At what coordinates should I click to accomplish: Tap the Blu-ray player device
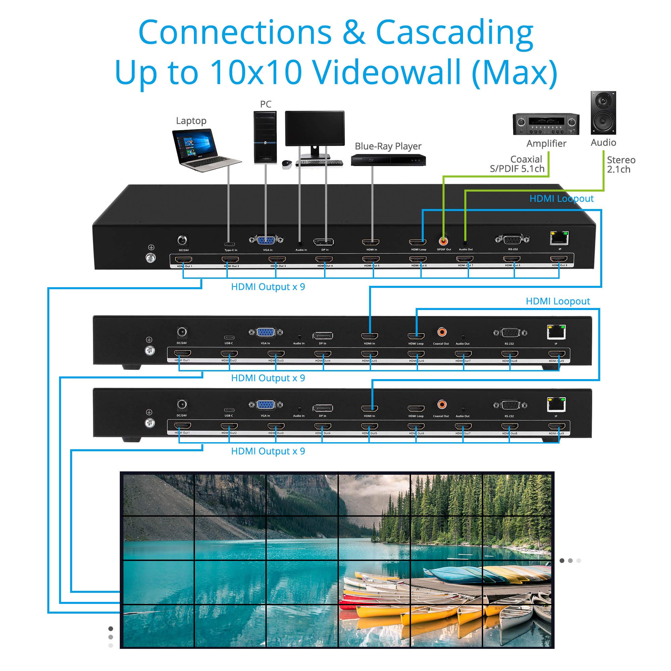pos(388,160)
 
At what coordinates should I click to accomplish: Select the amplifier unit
pos(546,124)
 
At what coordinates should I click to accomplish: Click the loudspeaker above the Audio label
pos(603,113)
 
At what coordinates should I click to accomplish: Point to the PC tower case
pos(265,137)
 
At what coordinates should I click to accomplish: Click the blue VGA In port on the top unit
pos(266,240)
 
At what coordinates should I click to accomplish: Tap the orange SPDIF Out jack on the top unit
pos(444,240)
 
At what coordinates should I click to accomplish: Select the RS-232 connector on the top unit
pos(512,239)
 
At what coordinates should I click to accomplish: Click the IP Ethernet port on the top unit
pos(559,238)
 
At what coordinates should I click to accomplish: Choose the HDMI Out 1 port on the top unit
pos(184,259)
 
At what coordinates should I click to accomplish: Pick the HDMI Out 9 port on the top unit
pos(559,259)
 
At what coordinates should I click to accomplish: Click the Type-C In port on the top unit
pos(229,244)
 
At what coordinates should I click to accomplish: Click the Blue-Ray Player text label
pos(388,146)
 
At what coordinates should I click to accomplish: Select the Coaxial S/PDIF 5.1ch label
pos(517,164)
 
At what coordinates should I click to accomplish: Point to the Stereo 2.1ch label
pos(621,165)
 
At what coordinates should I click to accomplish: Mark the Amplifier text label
pos(546,144)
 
